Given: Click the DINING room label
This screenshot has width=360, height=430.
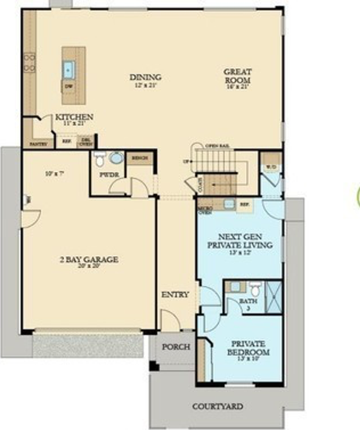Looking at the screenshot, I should [145, 77].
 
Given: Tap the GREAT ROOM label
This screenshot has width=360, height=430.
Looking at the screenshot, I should [238, 75].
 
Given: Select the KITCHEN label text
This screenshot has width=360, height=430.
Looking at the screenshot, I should [74, 117].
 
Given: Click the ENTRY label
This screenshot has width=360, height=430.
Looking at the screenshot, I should [175, 294].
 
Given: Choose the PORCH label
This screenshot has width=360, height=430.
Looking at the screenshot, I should [176, 347].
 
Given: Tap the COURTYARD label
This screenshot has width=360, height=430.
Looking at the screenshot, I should [217, 407].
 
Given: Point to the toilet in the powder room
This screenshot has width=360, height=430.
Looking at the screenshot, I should [100, 158].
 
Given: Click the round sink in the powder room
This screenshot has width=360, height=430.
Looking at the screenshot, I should [116, 158].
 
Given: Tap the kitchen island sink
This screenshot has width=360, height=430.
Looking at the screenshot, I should [69, 69].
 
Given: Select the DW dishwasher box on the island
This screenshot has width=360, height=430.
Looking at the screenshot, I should [68, 86].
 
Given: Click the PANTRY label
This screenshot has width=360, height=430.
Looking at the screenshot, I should [36, 144].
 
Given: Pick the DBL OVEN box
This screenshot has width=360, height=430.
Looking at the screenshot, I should [85, 142].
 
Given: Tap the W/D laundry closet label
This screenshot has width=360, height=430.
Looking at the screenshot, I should [271, 167].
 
